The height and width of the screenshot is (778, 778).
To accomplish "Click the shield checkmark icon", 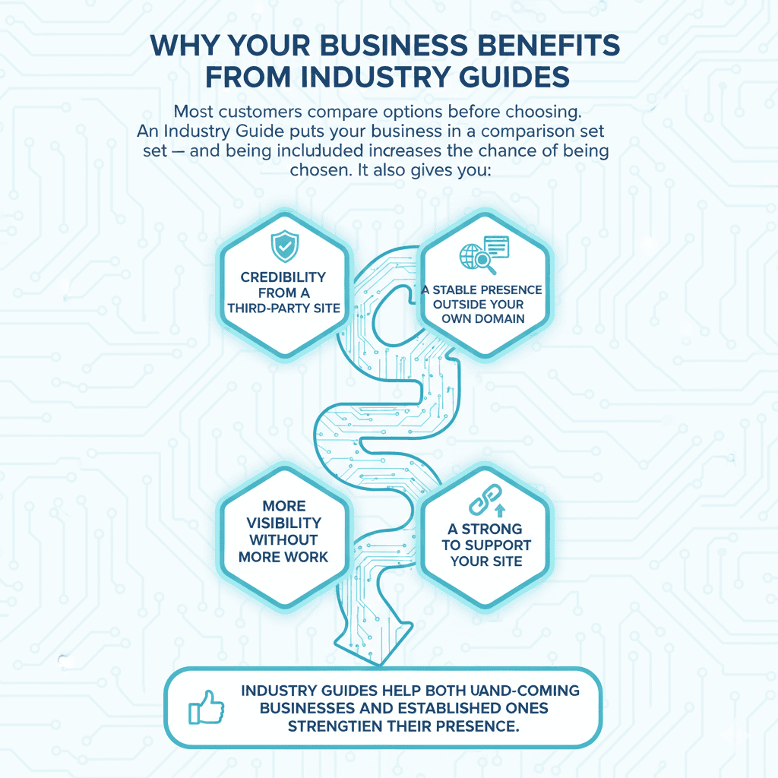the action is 285,247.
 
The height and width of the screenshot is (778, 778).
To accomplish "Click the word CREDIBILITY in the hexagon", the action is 283,277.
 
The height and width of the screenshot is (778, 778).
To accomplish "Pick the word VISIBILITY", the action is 284,523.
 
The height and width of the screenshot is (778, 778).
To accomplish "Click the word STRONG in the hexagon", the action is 492,528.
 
